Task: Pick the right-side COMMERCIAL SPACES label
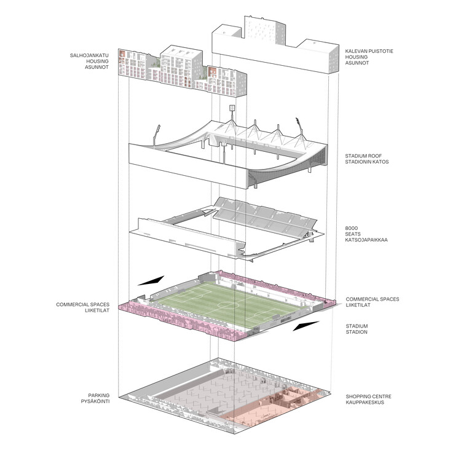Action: pos(372,299)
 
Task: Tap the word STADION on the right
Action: pos(357,332)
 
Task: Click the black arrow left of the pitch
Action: pos(151,280)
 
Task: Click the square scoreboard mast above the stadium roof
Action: pos(233,109)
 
